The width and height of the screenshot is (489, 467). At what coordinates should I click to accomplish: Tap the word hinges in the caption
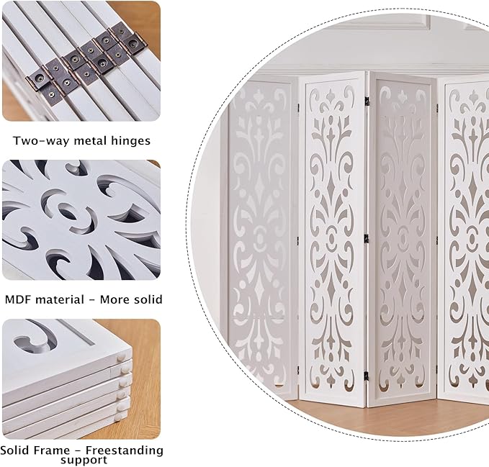click(x=130, y=141)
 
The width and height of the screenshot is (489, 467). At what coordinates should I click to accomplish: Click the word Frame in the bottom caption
click(x=58, y=450)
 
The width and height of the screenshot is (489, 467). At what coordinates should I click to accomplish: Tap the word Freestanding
click(x=125, y=450)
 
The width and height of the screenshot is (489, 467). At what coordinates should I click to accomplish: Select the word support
click(x=81, y=460)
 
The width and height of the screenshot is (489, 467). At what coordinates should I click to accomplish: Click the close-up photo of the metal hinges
click(x=81, y=61)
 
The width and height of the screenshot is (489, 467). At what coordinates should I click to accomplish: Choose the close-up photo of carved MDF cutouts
click(x=81, y=220)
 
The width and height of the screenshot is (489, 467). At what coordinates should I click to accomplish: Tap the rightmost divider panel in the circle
click(x=468, y=237)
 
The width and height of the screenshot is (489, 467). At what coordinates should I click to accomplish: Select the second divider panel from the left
click(x=333, y=237)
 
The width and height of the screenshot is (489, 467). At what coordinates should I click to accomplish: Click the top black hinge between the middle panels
click(x=367, y=101)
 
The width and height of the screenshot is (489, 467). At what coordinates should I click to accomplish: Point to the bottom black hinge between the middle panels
click(x=367, y=374)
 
